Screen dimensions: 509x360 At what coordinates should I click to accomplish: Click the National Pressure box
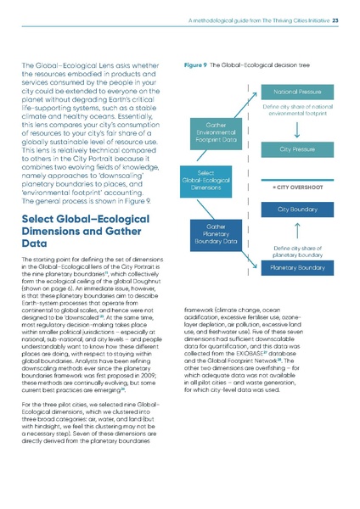(x=296, y=90)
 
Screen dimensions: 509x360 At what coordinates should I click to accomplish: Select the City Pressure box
(x=296, y=148)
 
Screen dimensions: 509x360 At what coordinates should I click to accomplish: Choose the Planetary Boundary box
(x=296, y=267)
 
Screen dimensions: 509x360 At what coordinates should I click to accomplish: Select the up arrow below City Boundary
(x=296, y=230)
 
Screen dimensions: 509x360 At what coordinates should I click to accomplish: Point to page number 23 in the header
(x=335, y=21)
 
